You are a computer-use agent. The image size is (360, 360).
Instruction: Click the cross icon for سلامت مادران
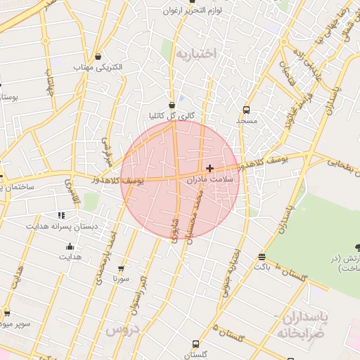click(210, 168)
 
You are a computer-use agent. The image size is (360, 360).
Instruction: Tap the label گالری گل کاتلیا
click(172, 115)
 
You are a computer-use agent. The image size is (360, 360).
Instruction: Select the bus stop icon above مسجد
click(246, 110)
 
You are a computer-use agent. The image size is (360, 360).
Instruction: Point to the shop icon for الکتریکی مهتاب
click(97, 56)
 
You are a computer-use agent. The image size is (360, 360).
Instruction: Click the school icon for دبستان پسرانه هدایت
click(62, 214)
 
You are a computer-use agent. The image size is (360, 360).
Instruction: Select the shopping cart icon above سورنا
click(121, 268)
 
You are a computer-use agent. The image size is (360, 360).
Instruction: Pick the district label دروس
click(122, 329)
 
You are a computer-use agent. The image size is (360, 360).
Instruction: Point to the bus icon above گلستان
click(195, 344)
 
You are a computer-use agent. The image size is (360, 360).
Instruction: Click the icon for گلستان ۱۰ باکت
click(262, 257)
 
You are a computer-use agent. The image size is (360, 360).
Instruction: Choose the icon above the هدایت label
click(70, 246)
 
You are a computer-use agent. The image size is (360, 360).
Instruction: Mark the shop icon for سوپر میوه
click(7, 313)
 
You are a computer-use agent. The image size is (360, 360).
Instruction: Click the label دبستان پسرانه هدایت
click(62, 226)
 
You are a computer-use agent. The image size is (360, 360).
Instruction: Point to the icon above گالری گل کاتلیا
click(172, 105)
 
